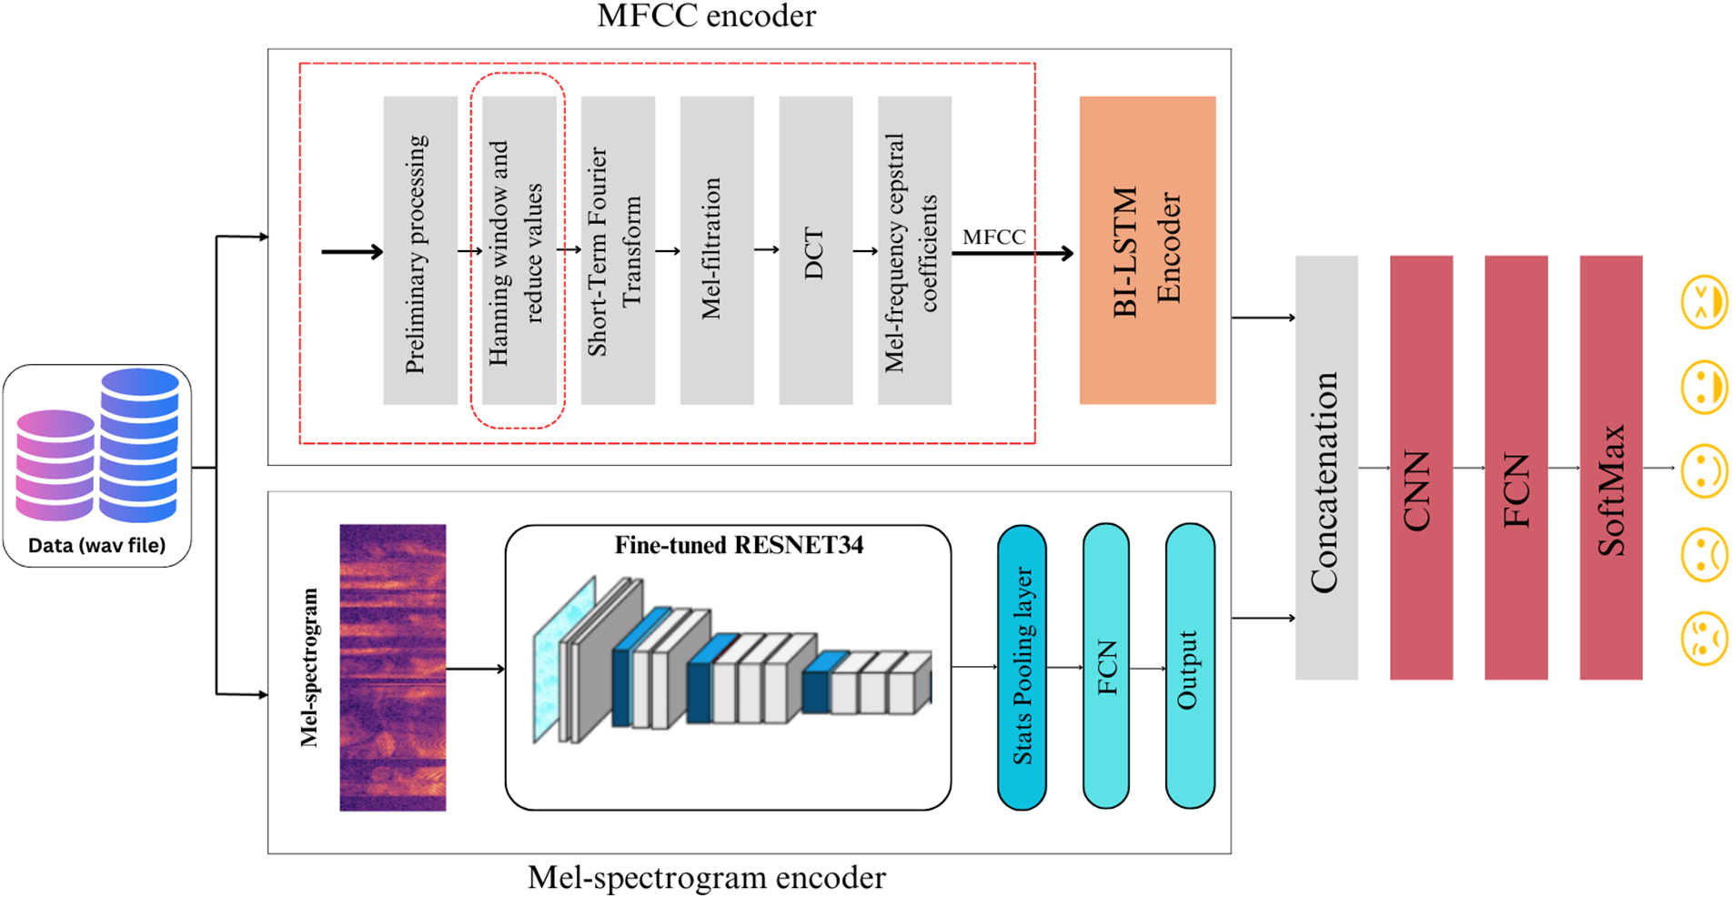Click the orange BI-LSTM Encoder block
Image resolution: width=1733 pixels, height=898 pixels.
[1146, 250]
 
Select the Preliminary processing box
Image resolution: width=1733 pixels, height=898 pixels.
[419, 250]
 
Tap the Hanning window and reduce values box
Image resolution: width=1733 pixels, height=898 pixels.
[519, 250]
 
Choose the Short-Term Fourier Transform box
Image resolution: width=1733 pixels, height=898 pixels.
[618, 250]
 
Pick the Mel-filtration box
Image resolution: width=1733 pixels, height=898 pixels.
[716, 250]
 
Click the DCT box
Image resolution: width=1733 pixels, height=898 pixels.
[815, 250]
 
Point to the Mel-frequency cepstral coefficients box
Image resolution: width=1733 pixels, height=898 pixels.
[913, 250]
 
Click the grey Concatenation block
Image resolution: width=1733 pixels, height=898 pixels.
[1325, 468]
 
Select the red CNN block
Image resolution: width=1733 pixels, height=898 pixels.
[1420, 468]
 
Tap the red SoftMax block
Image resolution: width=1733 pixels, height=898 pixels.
[1610, 468]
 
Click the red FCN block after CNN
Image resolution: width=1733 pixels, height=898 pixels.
[1516, 468]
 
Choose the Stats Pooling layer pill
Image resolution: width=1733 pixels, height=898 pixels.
[1022, 667]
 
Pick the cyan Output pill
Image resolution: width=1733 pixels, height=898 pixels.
[1189, 667]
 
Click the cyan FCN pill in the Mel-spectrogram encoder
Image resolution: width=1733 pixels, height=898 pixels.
[1105, 667]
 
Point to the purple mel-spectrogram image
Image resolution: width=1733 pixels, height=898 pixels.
[392, 667]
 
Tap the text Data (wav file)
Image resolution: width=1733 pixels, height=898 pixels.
[96, 546]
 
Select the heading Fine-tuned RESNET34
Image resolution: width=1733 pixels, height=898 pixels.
[739, 545]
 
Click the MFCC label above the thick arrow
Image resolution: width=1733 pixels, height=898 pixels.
[993, 237]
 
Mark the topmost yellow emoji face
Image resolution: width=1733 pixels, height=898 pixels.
[1703, 302]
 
